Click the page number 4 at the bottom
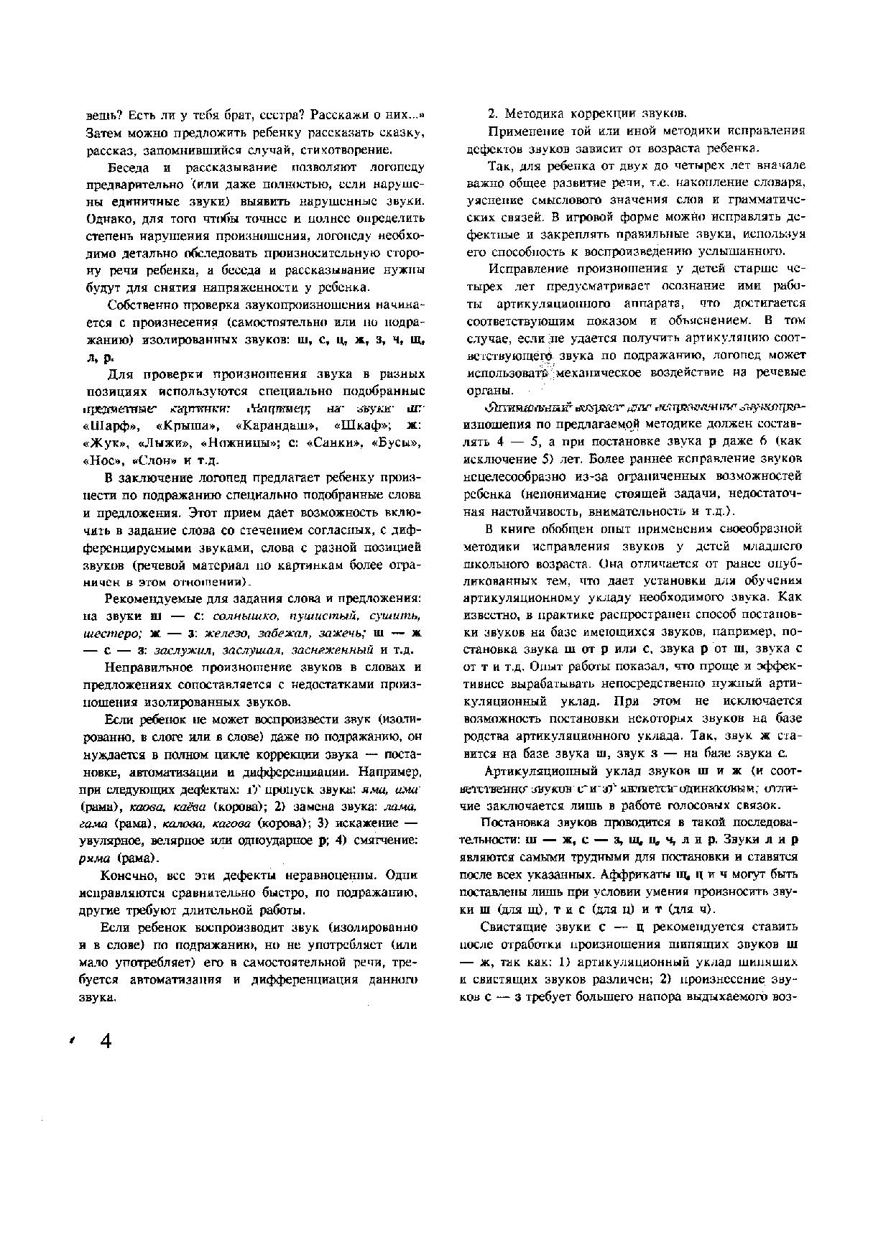coord(106,1041)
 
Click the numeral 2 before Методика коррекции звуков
coord(492,114)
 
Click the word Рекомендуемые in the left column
coord(147,598)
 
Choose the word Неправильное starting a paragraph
coord(147,668)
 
